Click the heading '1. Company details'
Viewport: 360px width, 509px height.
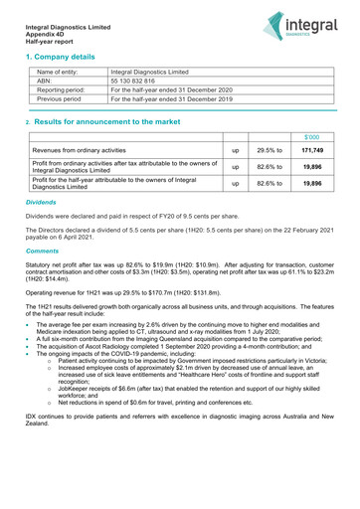point(67,58)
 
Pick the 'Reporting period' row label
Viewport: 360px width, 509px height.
point(63,90)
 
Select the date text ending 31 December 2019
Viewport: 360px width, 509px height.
point(171,99)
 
